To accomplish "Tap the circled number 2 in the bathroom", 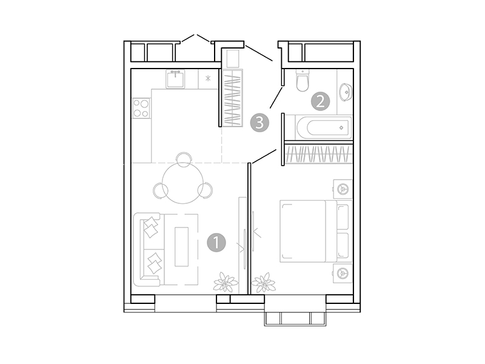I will [x=320, y=101].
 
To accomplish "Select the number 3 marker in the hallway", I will [x=259, y=123].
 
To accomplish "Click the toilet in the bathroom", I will [x=303, y=81].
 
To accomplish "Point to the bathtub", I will [x=318, y=127].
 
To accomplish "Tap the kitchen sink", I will [x=176, y=78].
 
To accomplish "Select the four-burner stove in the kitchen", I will [x=141, y=108].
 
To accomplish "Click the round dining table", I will [x=183, y=185].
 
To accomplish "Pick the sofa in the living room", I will [x=149, y=249].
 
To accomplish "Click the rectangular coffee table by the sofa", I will [x=182, y=246].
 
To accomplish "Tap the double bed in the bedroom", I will [x=309, y=231].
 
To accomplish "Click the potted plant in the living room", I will [x=226, y=281].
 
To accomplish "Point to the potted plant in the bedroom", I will [x=264, y=281].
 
